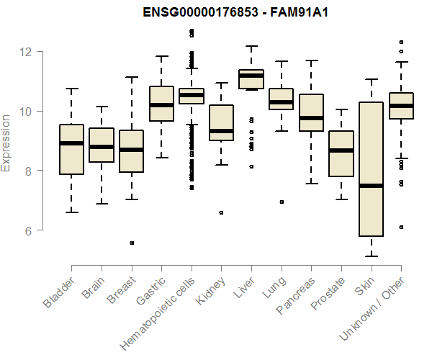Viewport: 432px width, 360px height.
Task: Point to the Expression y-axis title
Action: click(6, 142)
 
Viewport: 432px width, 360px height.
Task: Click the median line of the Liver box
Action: click(251, 76)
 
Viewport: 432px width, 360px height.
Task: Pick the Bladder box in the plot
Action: click(71, 150)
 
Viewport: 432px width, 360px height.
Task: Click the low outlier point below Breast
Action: click(132, 243)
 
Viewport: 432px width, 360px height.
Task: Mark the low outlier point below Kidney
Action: click(221, 212)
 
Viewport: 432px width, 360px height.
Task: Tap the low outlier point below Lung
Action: click(282, 202)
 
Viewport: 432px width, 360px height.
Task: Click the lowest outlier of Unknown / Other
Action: click(401, 227)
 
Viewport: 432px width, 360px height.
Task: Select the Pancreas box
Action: click(311, 112)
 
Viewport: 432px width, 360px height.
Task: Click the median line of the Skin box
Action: click(371, 186)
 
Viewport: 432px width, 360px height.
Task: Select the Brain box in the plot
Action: click(102, 145)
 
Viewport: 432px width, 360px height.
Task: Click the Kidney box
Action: click(221, 123)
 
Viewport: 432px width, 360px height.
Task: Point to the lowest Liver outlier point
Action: click(251, 166)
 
